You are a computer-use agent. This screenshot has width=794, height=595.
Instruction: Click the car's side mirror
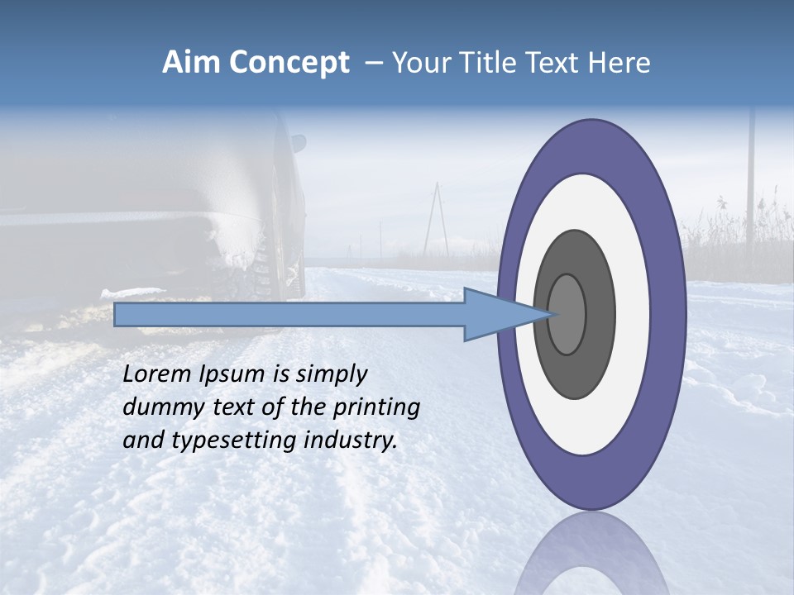click(x=299, y=143)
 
